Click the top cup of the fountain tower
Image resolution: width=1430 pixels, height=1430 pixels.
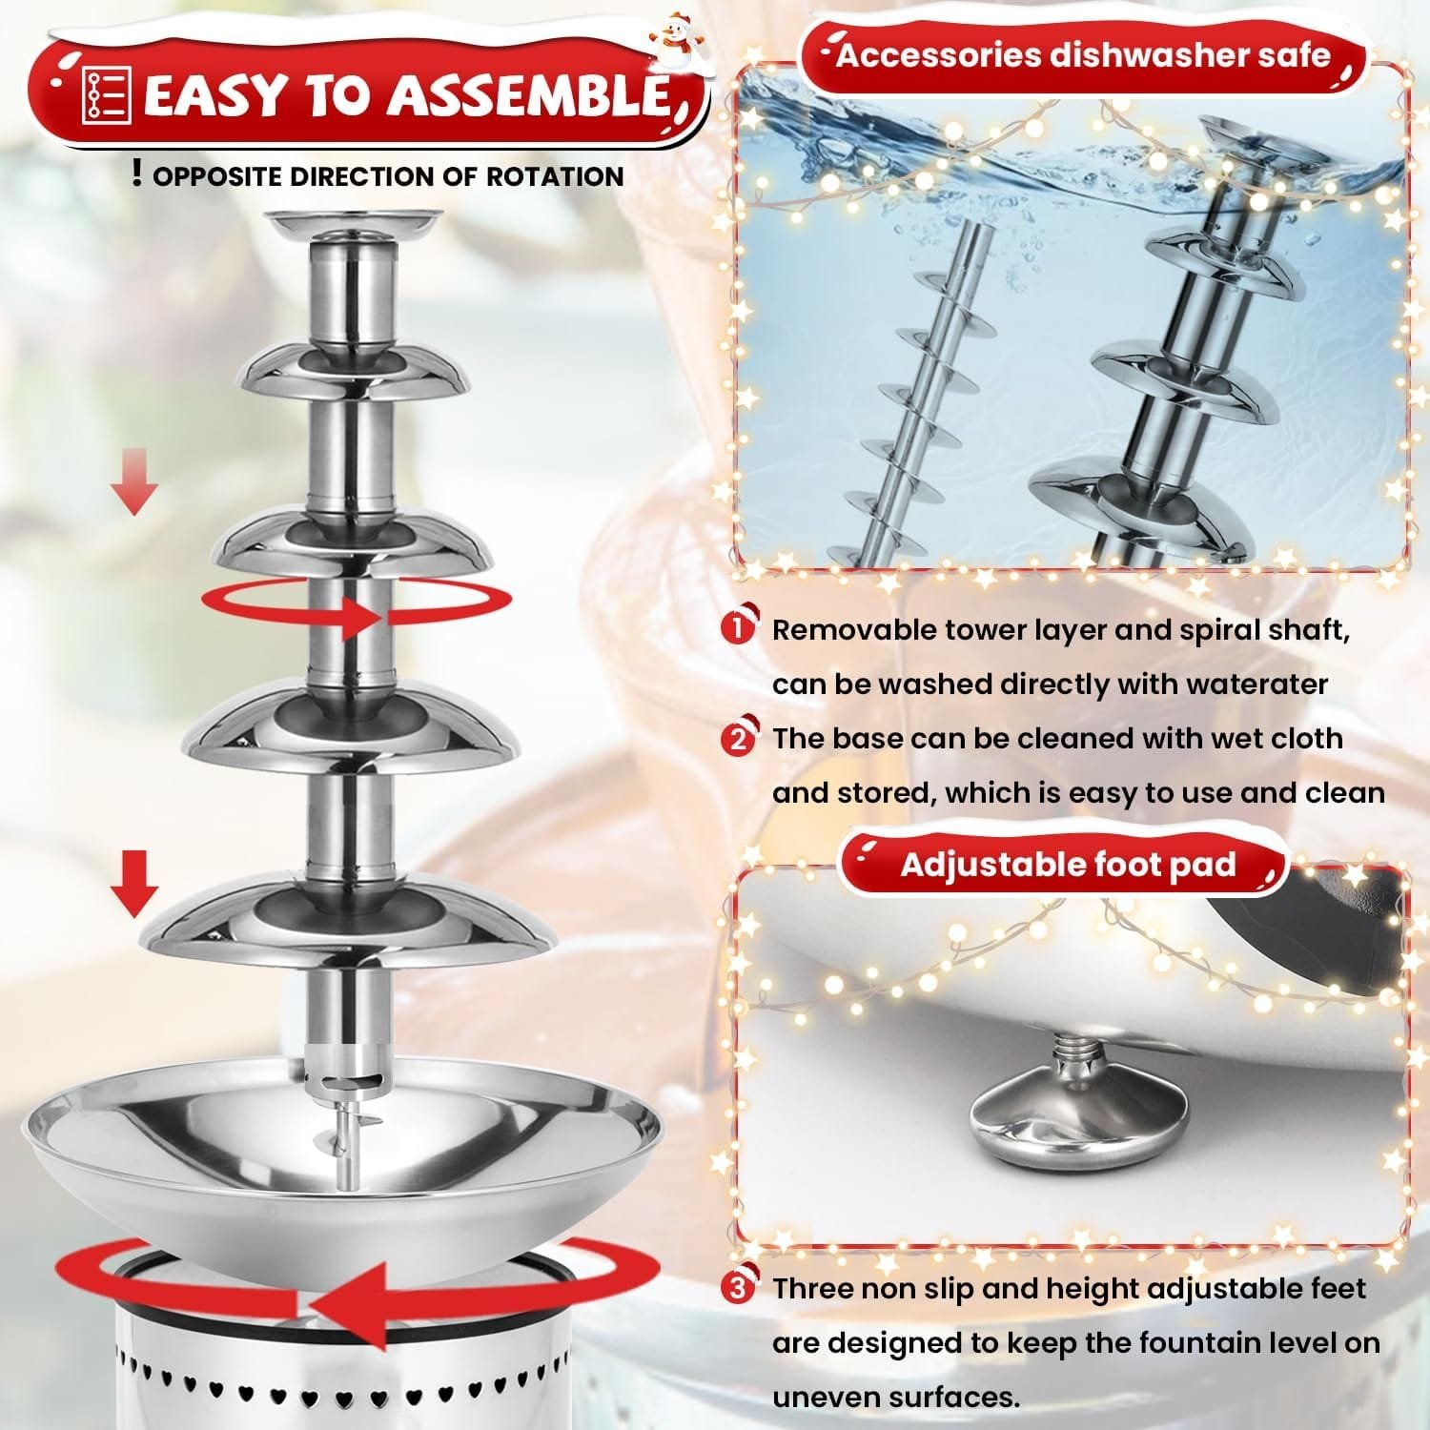pyautogui.click(x=353, y=225)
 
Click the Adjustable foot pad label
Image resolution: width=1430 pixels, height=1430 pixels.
pyautogui.click(x=1068, y=865)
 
